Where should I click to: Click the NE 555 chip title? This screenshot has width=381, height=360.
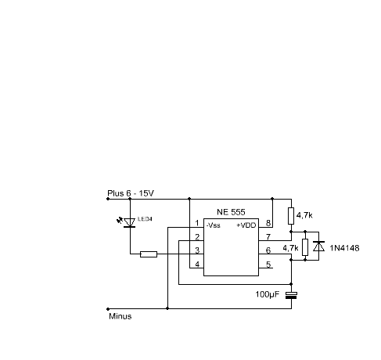click(x=231, y=212)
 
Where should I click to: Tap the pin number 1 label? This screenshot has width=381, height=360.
click(x=197, y=223)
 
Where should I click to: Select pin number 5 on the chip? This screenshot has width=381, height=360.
click(x=268, y=265)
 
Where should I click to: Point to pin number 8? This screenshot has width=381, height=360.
click(x=268, y=223)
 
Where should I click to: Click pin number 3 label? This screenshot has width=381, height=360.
click(x=197, y=250)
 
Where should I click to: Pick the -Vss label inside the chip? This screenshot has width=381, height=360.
click(x=214, y=225)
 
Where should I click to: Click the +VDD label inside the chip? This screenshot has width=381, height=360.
click(x=246, y=225)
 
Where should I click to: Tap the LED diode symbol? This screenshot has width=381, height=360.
click(x=129, y=223)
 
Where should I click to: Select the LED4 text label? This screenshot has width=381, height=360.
click(x=145, y=219)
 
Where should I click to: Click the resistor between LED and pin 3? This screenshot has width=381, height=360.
click(x=149, y=254)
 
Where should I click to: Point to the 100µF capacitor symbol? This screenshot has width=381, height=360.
click(x=291, y=296)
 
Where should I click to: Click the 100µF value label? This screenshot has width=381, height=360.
click(x=267, y=294)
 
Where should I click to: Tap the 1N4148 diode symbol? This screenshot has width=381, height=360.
click(x=318, y=247)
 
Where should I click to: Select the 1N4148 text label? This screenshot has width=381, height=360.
click(x=344, y=248)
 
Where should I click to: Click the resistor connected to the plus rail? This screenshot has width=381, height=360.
click(x=291, y=216)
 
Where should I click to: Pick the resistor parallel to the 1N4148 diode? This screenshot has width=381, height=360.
click(x=305, y=247)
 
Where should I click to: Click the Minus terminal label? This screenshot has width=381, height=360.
click(x=120, y=316)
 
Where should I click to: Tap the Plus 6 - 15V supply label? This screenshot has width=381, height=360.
click(x=131, y=193)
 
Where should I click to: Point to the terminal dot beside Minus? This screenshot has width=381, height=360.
click(x=108, y=309)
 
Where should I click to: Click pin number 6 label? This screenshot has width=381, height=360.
click(x=268, y=250)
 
